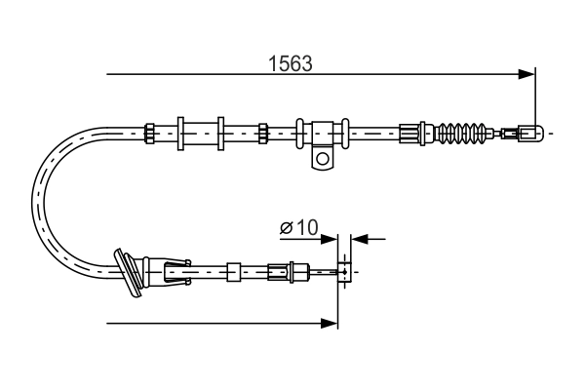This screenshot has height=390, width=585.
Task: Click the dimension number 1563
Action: point(290,64)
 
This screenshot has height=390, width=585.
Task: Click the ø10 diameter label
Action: point(299,228)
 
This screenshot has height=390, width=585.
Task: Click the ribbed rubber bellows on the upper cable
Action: point(464,132)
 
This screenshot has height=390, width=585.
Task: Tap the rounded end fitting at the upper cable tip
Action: point(530,132)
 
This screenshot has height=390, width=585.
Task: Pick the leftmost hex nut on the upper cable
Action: point(149,132)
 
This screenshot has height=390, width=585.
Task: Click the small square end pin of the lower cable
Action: point(344,271)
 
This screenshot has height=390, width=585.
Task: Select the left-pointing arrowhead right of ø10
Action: point(358,237)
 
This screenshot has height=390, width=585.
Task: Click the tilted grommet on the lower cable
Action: point(130,270)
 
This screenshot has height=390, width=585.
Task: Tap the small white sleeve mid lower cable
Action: point(233,271)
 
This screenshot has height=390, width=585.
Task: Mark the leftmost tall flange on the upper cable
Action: point(181,132)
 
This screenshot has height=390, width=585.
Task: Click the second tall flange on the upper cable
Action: point(221,132)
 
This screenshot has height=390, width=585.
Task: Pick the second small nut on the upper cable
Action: point(262,132)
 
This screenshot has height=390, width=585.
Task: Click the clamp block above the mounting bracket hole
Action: point(322,132)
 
